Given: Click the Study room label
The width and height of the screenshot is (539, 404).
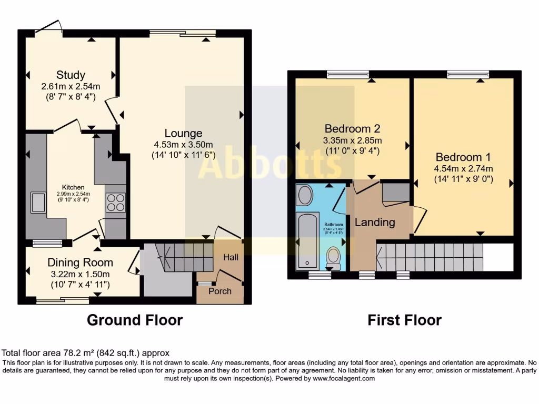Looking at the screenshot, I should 71,75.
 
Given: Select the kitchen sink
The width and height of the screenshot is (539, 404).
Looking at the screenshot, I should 38,203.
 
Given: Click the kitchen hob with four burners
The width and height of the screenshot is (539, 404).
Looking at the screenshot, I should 116,203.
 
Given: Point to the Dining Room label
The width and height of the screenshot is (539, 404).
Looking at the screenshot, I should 80,262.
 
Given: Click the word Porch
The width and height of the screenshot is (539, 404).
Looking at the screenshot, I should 220,291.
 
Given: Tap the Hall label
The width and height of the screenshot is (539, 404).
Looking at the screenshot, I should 231,257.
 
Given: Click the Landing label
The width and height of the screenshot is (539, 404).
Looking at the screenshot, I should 374,222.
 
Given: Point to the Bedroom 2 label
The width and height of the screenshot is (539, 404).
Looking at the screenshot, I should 351,129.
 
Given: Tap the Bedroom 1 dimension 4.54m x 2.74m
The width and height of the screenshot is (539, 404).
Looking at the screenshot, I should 463,169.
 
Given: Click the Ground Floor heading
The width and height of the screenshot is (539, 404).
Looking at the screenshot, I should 135,320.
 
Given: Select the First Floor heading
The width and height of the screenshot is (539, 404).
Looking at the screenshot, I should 404,320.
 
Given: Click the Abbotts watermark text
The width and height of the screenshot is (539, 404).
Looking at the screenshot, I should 269,164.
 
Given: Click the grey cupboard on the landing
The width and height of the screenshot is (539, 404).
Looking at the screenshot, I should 395,193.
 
